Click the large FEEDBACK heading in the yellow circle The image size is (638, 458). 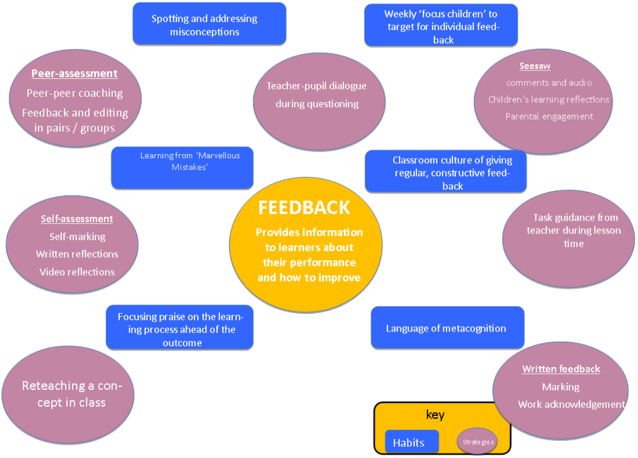coord(304,208)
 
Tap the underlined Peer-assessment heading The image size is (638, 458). coord(75,73)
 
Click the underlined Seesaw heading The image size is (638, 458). coord(535,66)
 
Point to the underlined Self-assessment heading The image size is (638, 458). coord(77,219)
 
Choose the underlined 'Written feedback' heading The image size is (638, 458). coord(561,369)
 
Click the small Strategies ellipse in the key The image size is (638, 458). coord(477,442)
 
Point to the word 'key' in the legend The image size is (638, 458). coord(435,415)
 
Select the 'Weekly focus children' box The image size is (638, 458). coord(441,26)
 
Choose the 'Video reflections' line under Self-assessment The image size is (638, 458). coord(77,272)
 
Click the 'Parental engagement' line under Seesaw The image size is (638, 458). coord(549,117)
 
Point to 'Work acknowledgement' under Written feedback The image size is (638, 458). coord(571,405)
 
